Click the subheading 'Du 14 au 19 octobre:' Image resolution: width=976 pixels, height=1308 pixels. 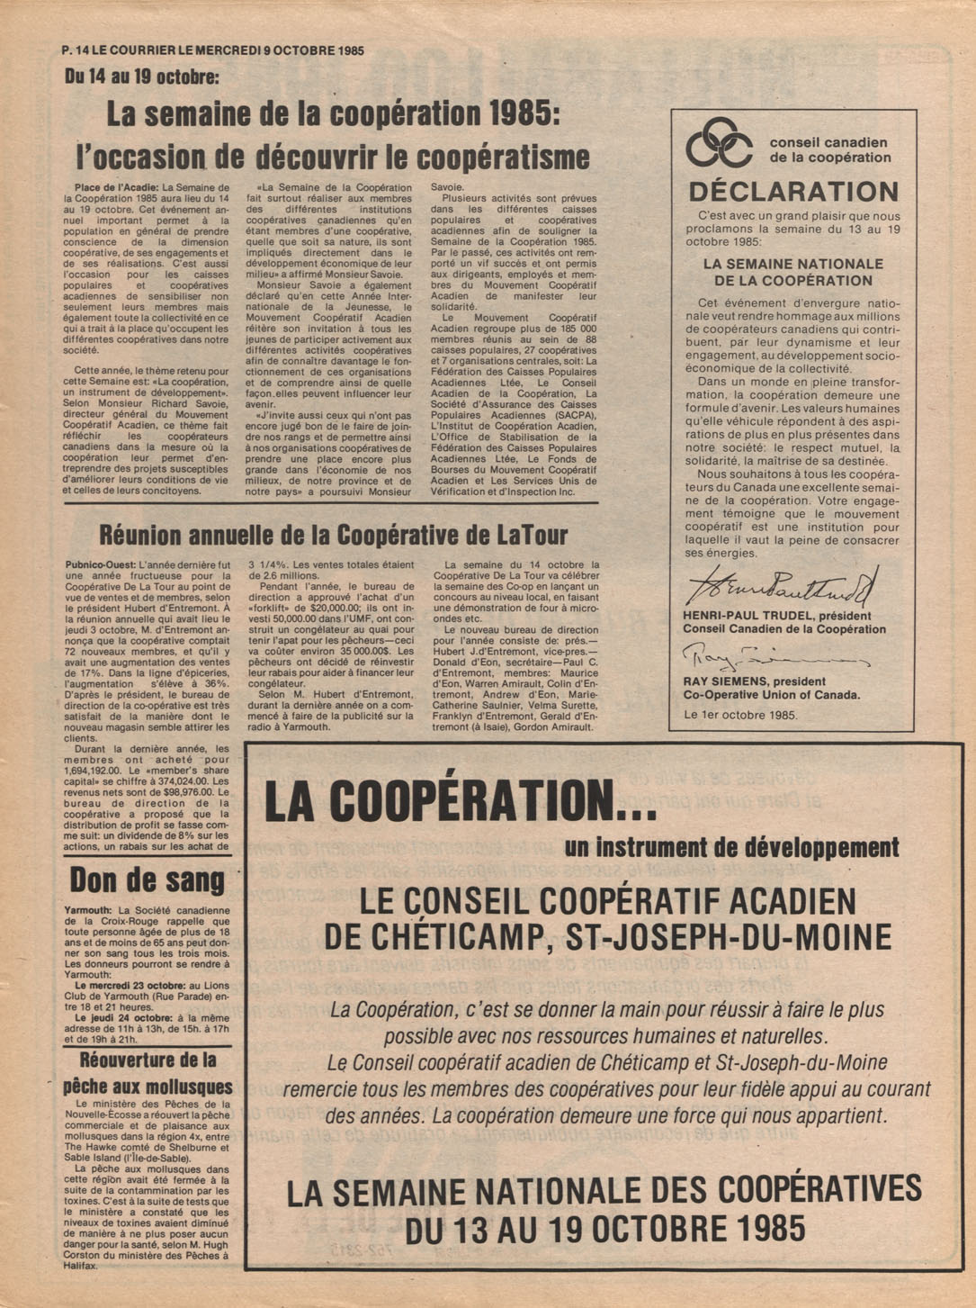coord(141,77)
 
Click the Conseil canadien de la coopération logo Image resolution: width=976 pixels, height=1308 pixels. coord(719,142)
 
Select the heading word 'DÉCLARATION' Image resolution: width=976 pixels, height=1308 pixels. coord(793,192)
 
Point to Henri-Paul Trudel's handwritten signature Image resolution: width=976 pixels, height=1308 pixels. coord(780,587)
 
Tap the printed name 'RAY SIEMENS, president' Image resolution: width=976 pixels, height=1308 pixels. coord(754,681)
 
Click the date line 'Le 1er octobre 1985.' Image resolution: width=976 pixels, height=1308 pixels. coord(740,715)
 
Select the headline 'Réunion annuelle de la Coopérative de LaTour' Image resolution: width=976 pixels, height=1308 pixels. coord(333,537)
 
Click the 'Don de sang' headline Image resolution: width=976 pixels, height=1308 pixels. coord(148,880)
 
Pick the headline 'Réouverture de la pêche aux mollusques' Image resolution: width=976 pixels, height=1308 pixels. coord(148,1073)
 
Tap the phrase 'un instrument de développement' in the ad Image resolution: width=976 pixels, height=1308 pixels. coord(731,847)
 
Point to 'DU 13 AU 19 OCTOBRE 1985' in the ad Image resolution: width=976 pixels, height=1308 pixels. coord(604,1230)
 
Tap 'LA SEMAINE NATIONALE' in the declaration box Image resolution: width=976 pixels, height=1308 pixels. coord(792,264)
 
